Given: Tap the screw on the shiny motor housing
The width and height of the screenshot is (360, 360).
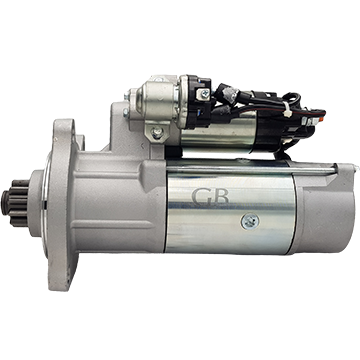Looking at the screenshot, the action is click(250, 222).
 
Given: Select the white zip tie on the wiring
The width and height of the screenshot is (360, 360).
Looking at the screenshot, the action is click(286, 108).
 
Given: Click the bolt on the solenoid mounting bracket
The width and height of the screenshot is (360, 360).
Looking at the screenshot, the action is click(156, 133).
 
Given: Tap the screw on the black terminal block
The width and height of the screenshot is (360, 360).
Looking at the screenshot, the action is click(204, 93).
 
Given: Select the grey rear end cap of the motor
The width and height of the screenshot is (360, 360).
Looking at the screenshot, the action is click(323, 208).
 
